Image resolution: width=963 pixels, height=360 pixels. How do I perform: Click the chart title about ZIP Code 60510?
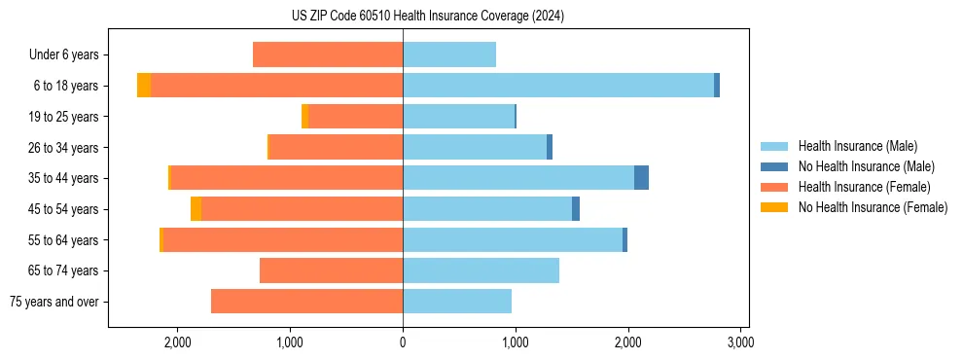[427, 17]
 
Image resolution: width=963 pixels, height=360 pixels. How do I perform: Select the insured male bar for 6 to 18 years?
[558, 86]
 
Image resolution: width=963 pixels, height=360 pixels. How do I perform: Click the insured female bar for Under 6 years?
[328, 54]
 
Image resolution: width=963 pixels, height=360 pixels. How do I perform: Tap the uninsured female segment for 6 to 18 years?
[144, 86]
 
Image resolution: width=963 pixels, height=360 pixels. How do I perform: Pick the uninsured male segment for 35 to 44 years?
[641, 178]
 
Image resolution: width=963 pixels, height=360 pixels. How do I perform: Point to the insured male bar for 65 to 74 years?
[481, 270]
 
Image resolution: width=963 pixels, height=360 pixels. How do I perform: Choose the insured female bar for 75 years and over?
[306, 302]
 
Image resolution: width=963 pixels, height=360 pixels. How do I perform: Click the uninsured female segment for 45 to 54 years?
[196, 209]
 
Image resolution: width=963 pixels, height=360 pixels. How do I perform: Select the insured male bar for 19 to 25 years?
[458, 117]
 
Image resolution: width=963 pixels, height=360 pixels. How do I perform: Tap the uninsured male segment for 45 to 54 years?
[576, 209]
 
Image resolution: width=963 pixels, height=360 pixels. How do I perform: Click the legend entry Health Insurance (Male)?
[857, 146]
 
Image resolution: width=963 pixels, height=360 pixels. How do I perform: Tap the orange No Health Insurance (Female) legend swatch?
[774, 207]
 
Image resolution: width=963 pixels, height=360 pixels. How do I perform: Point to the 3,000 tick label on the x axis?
[740, 342]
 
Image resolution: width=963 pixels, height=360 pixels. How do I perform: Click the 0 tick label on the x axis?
[403, 342]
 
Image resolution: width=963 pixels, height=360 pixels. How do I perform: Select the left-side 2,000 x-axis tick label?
[178, 342]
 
